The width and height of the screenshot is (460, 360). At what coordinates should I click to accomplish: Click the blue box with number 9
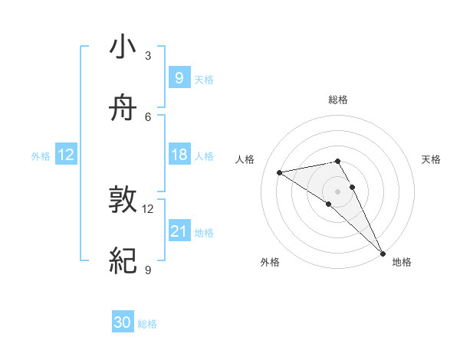[x=179, y=77]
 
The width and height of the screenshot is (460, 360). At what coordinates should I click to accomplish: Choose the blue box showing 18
[x=179, y=155]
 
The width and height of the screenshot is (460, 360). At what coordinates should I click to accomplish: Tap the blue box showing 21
[x=179, y=231]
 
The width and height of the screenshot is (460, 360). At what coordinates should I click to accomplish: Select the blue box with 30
[x=123, y=322]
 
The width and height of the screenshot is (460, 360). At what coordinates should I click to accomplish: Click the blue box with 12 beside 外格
[x=66, y=155]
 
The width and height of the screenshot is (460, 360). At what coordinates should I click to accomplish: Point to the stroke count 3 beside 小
[x=148, y=56]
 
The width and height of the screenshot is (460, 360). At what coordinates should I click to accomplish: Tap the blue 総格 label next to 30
[x=147, y=324]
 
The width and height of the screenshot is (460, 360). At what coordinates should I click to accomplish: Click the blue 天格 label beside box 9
[x=204, y=80]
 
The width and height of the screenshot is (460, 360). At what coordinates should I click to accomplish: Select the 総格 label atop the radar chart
[x=337, y=100]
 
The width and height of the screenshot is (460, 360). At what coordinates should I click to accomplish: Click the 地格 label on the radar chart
[x=402, y=262]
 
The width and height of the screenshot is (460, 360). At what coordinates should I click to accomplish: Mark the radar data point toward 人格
[x=280, y=172]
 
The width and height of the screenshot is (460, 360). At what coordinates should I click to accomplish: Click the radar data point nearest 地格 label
[x=383, y=252]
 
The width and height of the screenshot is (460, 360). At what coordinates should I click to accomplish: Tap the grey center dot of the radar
[x=337, y=190]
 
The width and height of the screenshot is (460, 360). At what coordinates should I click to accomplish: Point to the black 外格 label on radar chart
[x=270, y=262]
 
